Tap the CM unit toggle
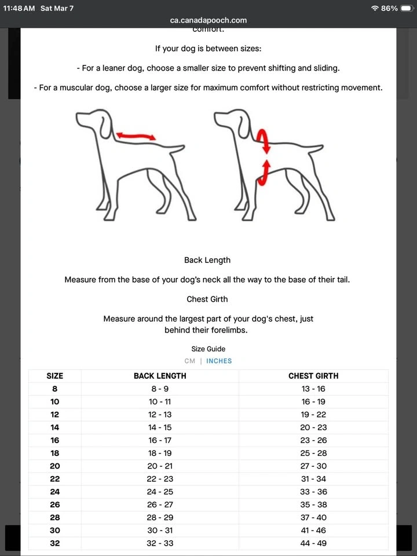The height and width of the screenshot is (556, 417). (x=189, y=361)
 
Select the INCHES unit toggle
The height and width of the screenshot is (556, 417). (x=219, y=361)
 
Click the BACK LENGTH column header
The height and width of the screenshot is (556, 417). (x=160, y=376)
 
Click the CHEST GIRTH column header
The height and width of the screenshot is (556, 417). (x=313, y=376)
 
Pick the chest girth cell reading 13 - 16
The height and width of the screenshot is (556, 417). (x=313, y=389)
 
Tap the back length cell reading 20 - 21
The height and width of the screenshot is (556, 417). (x=160, y=466)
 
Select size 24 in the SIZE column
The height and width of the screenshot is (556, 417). (x=54, y=492)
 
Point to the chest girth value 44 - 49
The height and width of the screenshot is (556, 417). (x=313, y=543)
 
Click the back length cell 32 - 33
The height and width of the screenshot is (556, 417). (x=160, y=543)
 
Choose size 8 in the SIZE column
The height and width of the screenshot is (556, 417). (x=54, y=389)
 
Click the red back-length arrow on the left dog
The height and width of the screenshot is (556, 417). (x=136, y=136)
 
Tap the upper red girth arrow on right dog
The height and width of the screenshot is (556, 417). (x=263, y=140)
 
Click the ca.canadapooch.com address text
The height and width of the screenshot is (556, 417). (x=209, y=20)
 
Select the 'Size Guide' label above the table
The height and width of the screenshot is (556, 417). (x=209, y=349)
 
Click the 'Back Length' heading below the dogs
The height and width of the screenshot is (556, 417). (x=207, y=260)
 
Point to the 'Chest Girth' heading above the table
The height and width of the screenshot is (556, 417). (x=207, y=299)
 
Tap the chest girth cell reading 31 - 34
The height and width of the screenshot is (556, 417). (x=313, y=479)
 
